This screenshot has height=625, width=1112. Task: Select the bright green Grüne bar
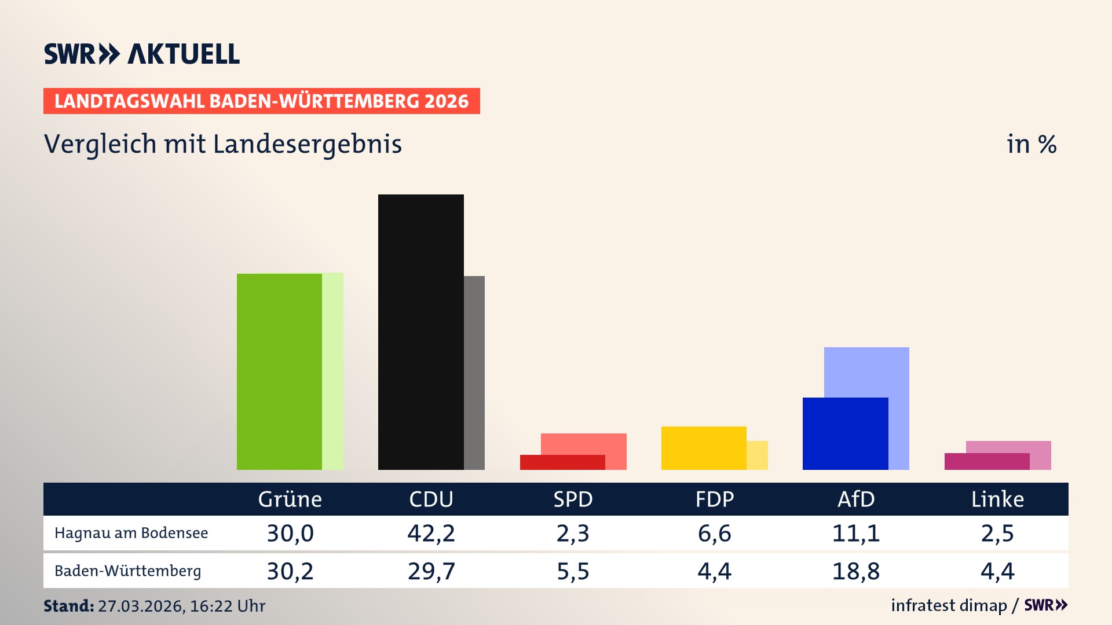[279, 372]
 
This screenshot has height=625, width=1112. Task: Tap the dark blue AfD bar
[845, 433]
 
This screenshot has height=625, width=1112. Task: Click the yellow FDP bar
[704, 448]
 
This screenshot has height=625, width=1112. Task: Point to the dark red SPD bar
[562, 462]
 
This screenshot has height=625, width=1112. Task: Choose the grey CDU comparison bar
[474, 373]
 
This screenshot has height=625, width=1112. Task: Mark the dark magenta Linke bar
[986, 461]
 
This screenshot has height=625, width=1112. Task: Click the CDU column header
[431, 499]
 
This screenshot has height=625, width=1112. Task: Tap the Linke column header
[997, 499]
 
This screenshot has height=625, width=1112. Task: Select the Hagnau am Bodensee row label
[131, 533]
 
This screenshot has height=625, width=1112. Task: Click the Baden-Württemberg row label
[127, 571]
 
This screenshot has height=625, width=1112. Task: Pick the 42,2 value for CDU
[431, 533]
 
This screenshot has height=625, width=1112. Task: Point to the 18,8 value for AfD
[855, 571]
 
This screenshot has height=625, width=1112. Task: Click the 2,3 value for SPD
[572, 533]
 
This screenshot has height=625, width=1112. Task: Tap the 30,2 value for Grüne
[290, 571]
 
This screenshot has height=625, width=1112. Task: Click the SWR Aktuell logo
[141, 54]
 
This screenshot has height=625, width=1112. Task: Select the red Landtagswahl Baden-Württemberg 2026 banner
[261, 101]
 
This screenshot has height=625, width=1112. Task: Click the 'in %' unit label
[1031, 144]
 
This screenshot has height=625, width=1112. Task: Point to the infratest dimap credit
[949, 605]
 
